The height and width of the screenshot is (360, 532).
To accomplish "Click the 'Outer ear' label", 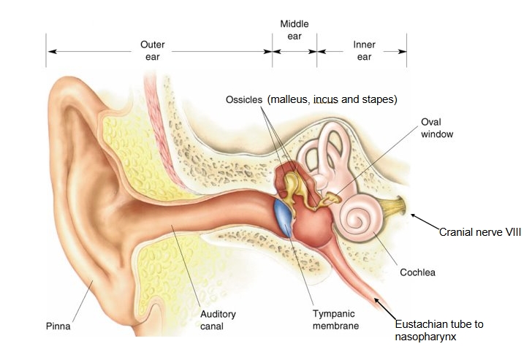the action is pyautogui.click(x=152, y=50).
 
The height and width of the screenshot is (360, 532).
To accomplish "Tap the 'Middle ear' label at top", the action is pyautogui.click(x=294, y=30).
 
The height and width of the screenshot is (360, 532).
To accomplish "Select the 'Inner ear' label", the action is pyautogui.click(x=364, y=50).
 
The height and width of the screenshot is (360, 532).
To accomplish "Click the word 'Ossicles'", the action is pyautogui.click(x=244, y=99).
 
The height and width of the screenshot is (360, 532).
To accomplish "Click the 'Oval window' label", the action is pyautogui.click(x=437, y=128).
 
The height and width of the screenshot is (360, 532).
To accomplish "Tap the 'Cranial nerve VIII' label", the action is pyautogui.click(x=479, y=232).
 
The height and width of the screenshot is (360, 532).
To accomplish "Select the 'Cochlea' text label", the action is pyautogui.click(x=417, y=272).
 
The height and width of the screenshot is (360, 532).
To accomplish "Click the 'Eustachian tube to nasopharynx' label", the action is pyautogui.click(x=439, y=330).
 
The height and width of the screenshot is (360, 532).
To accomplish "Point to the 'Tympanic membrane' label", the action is pyautogui.click(x=335, y=320).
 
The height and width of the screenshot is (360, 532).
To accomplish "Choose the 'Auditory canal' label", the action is pyautogui.click(x=218, y=320).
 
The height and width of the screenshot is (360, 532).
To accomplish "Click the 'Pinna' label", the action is pyautogui.click(x=58, y=326).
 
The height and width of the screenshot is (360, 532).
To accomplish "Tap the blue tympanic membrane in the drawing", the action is pyautogui.click(x=283, y=218).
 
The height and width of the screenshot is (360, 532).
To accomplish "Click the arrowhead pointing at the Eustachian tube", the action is pyautogui.click(x=377, y=300).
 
